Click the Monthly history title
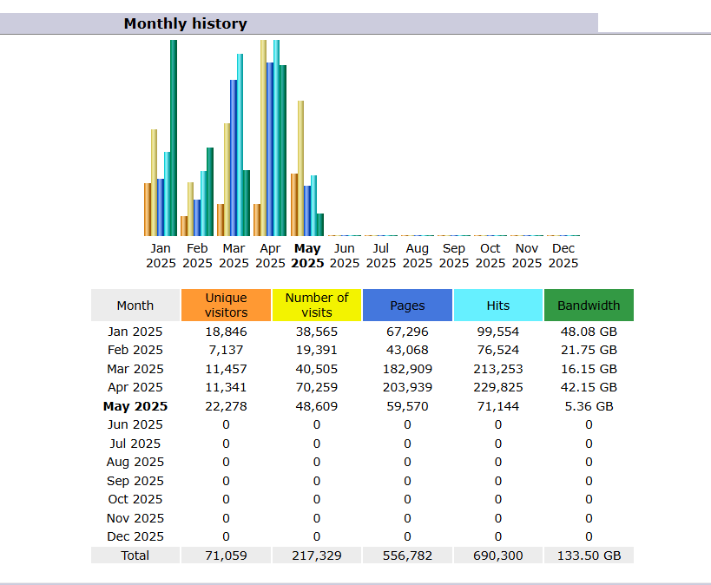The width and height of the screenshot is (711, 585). coord(185,24)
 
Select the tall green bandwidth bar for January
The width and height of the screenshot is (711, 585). coord(174,139)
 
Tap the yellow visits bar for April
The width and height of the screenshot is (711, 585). coord(264,139)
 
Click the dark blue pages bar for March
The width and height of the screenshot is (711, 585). coord(234,158)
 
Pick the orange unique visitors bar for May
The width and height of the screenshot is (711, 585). coord(294,205)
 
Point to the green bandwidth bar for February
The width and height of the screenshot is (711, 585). coord(210,192)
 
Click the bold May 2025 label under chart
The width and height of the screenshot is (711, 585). coord(307,256)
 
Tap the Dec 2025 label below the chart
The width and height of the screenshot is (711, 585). coord(563,256)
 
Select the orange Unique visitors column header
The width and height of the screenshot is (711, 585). coord(226,306)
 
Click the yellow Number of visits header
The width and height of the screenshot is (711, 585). coord(317,306)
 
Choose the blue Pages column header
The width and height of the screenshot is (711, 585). coord(407,306)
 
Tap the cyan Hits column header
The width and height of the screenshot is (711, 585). coord(498,306)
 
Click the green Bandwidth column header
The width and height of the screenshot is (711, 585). coord(589,306)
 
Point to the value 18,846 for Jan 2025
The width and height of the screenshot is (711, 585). coord(226,332)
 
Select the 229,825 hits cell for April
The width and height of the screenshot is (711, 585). coord(498,387)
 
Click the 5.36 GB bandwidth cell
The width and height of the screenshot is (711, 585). coord(589,406)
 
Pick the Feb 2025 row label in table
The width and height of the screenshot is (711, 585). coord(135,350)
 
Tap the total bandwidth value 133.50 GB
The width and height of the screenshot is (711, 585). coord(589,555)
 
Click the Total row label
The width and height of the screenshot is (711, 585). coord(135,555)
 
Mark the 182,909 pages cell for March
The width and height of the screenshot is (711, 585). coord(407,369)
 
